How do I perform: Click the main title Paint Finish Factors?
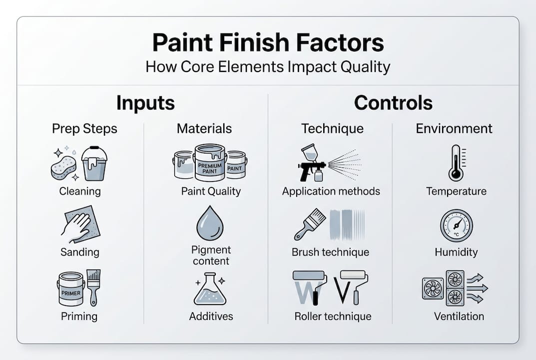268,43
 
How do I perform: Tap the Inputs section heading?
145,103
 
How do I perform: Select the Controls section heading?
393,103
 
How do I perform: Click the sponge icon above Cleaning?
64,167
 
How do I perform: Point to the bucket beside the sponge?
94,163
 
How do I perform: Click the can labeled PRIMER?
71,289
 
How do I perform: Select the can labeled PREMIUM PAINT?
209,162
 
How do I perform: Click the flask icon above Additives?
210,289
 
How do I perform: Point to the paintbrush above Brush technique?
310,224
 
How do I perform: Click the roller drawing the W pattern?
310,287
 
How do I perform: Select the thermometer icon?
456,163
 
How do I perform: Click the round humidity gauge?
456,225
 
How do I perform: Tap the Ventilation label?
459,316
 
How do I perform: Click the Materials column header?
204,128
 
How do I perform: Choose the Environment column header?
454,128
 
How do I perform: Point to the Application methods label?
331,191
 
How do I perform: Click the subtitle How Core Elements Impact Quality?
268,67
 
